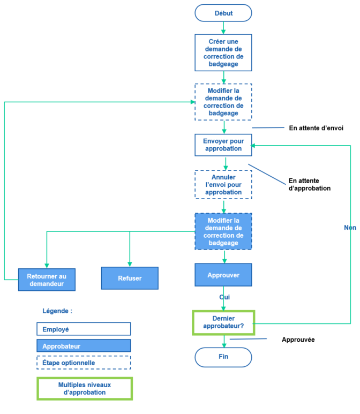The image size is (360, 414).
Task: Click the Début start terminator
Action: (x=223, y=13)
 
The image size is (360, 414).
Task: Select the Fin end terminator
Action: (x=223, y=357)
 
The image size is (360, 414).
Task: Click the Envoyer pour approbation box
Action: (x=223, y=145)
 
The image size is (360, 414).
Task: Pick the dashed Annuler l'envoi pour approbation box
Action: (x=223, y=185)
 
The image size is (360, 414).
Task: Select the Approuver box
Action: (x=223, y=275)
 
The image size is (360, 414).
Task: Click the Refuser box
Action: (x=130, y=278)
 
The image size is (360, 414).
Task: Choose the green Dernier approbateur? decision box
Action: (x=223, y=322)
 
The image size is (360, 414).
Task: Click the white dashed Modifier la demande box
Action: (x=223, y=102)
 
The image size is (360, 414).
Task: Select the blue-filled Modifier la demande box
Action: (x=223, y=231)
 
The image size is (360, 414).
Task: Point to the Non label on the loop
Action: (x=350, y=228)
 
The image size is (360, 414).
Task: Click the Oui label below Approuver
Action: (x=224, y=297)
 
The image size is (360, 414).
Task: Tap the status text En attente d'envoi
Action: (x=316, y=128)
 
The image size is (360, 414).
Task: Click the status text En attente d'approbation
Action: (x=309, y=185)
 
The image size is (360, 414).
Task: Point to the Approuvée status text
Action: (x=298, y=340)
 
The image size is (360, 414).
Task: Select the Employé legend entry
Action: (x=84, y=329)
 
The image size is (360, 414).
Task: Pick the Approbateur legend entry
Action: (x=84, y=346)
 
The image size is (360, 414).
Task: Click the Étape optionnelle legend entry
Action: (x=84, y=363)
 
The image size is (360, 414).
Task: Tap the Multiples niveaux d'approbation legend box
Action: (x=84, y=388)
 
